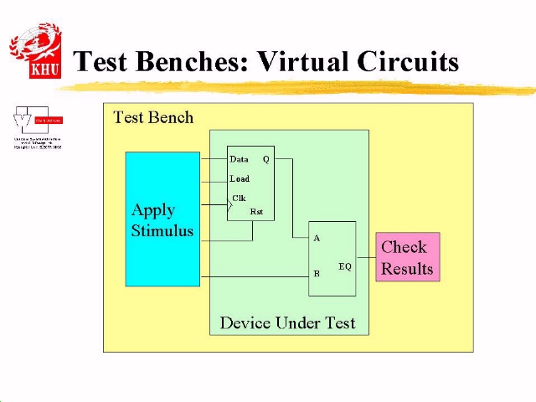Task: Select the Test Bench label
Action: click(153, 117)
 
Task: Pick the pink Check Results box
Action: click(407, 257)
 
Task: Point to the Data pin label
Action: click(239, 159)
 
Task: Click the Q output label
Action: click(266, 159)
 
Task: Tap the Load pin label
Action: click(240, 178)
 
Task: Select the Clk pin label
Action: click(240, 198)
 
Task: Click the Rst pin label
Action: click(256, 212)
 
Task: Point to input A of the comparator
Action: click(317, 239)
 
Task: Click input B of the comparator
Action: click(317, 274)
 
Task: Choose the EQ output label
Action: click(345, 266)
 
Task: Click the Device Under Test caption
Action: click(287, 322)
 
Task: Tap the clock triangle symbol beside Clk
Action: click(230, 204)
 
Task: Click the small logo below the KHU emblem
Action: click(37, 127)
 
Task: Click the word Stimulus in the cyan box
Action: click(162, 231)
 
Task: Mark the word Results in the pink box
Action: click(407, 269)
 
